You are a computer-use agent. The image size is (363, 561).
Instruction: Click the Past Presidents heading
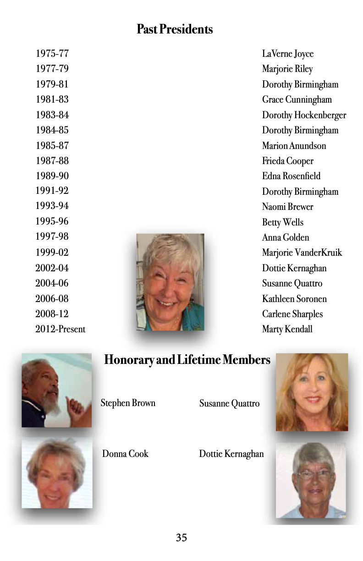coord(175,30)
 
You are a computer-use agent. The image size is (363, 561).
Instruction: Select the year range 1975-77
coord(52,54)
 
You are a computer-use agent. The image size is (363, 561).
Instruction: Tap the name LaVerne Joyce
coord(288,54)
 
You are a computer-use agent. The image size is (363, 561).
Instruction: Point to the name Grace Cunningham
coord(297,99)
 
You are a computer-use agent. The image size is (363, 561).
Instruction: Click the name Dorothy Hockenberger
coord(304,115)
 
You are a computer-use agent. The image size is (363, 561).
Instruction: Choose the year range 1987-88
coord(52,161)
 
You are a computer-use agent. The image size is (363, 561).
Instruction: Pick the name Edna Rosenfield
coord(291,176)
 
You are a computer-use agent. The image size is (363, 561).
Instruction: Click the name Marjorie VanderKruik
coord(302,253)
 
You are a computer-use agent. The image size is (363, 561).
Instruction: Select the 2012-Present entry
coord(60,329)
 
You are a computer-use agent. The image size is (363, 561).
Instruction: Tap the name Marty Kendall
coord(287,329)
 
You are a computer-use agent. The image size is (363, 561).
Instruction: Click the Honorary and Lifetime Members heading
coord(187,360)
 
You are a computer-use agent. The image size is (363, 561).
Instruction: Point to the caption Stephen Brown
coord(128,403)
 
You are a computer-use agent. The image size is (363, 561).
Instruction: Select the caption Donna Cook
coord(125,454)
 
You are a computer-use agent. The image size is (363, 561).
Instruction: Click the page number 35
coord(181,538)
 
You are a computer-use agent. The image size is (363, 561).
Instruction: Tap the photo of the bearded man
coord(56,390)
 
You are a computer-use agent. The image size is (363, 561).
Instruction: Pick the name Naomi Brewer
coord(287,207)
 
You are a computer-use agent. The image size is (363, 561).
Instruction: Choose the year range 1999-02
coord(52,253)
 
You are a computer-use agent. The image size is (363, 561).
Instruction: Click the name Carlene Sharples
coord(292,314)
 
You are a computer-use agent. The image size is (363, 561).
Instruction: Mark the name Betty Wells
coord(282,222)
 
